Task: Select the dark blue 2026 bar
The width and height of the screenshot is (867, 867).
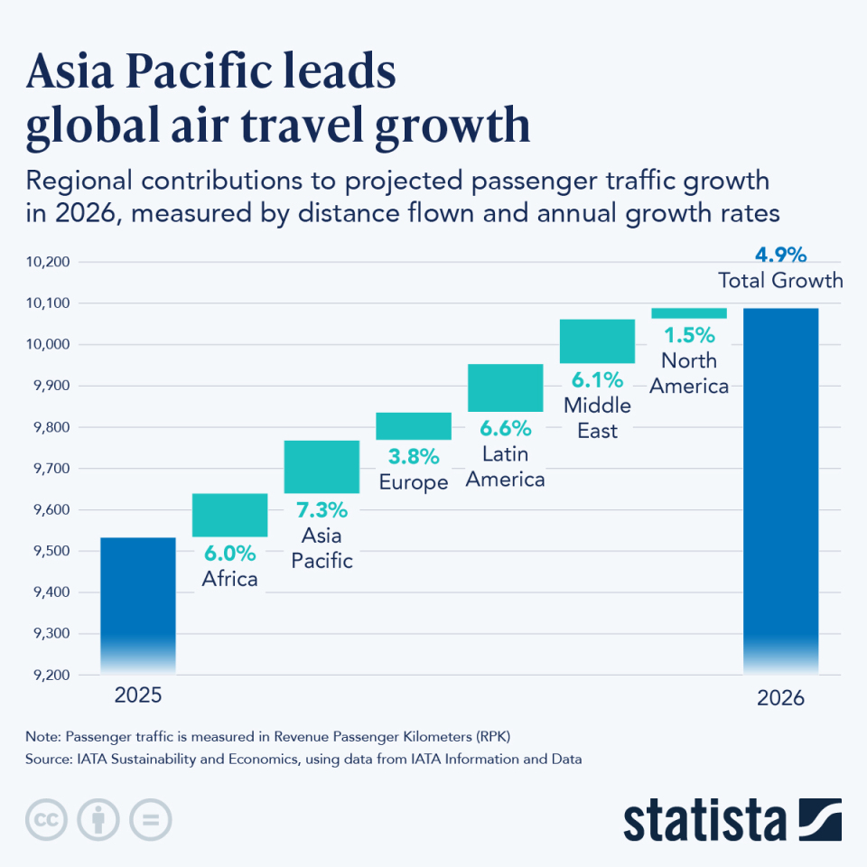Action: [780, 488]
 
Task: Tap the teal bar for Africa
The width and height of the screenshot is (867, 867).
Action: [229, 515]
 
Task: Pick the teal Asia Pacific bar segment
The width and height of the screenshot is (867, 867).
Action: [322, 466]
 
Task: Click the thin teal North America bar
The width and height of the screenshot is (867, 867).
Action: [689, 312]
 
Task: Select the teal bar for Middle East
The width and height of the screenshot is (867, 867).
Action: [597, 340]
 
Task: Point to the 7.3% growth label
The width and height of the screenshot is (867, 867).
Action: [322, 510]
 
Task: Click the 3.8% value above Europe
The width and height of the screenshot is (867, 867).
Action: [414, 456]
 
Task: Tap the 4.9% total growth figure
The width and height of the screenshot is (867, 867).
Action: [779, 255]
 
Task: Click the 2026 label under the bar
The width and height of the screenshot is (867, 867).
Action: [780, 698]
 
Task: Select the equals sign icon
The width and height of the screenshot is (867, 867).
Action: [150, 819]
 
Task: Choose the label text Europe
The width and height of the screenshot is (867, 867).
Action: [414, 482]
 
